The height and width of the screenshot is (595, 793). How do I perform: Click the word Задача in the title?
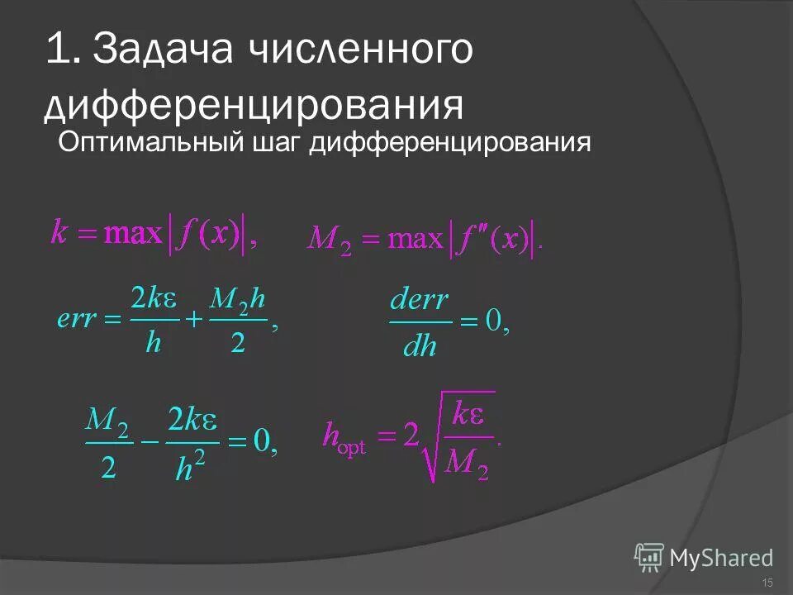pos(162,51)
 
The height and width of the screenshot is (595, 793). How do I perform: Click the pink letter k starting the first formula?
pos(59,234)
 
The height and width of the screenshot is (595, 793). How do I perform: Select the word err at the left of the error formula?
pos(77,319)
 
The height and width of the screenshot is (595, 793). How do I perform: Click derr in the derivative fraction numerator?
pos(420,301)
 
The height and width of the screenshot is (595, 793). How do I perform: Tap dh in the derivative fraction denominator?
pos(420,345)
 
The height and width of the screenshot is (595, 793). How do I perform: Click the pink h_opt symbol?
pos(343,436)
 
